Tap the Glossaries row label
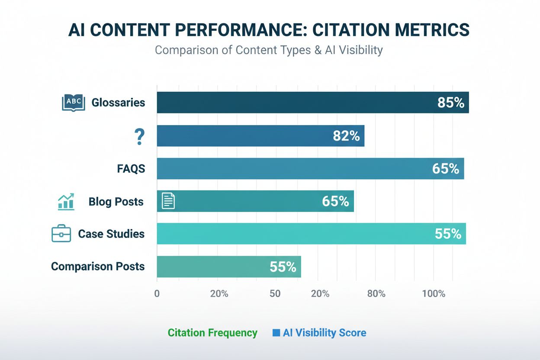(x=118, y=103)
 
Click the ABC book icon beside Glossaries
(x=74, y=103)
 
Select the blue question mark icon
(x=139, y=136)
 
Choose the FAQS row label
(x=131, y=169)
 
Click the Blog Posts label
(x=116, y=202)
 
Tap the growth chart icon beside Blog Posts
(x=66, y=202)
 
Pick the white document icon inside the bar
(x=168, y=201)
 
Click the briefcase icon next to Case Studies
(x=61, y=234)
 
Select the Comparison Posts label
(x=98, y=266)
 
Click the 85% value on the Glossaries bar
(x=450, y=103)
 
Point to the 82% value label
(x=346, y=136)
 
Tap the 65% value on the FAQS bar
(x=445, y=169)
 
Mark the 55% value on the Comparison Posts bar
(x=283, y=267)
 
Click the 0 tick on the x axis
(x=157, y=294)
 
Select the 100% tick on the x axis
(x=434, y=294)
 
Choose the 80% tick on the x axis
(x=376, y=294)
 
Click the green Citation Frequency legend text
(x=212, y=333)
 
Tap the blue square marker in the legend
(x=276, y=333)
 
